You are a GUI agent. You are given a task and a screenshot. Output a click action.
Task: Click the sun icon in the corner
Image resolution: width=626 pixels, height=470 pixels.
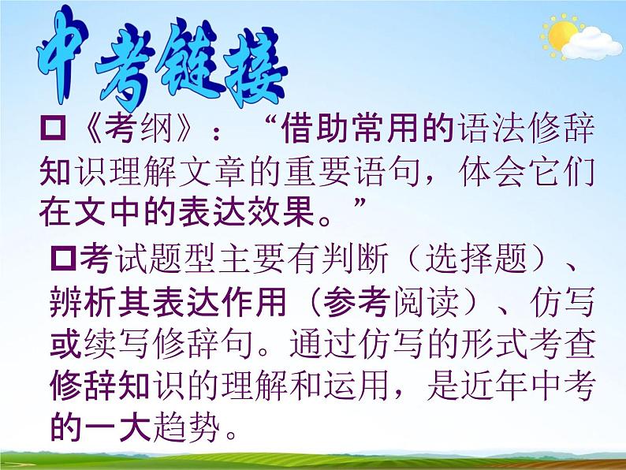click(561, 35)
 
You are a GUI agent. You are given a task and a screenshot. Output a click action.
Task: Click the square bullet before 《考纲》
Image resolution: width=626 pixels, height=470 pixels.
click(55, 129)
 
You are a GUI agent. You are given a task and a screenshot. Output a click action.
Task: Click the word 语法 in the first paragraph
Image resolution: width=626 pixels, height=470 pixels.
click(485, 129)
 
